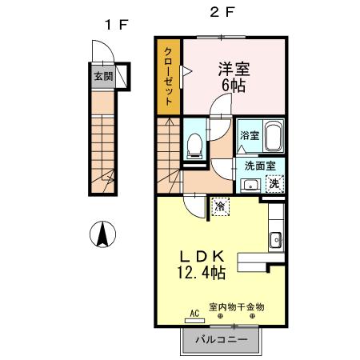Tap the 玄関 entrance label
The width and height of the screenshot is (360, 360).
pos(103,78)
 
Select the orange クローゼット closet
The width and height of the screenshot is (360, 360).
pos(170,76)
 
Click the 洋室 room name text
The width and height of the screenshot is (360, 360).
pos(234,68)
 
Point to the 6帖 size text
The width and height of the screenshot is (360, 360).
pos(234,85)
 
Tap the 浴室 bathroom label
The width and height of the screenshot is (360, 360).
pos(249,136)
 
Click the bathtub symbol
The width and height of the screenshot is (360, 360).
pos(274,135)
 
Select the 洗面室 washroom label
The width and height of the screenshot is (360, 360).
pos(260,166)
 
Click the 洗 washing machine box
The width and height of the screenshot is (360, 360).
pos(274,183)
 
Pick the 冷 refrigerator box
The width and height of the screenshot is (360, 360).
pos(219,206)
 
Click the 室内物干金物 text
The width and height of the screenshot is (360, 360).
pos(237,306)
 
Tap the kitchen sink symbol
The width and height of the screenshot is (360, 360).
pos(275,238)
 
